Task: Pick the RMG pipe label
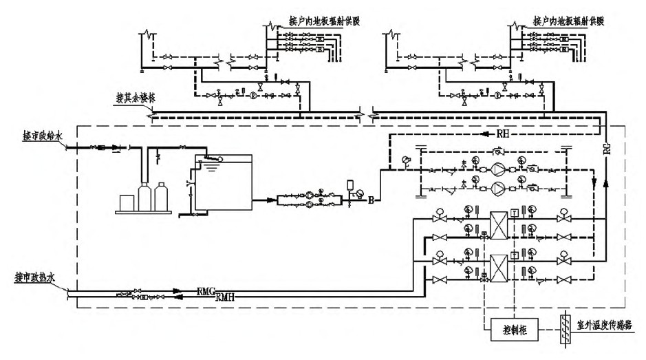(207, 291)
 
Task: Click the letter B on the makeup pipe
(372, 201)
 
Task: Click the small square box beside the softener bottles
(128, 202)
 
